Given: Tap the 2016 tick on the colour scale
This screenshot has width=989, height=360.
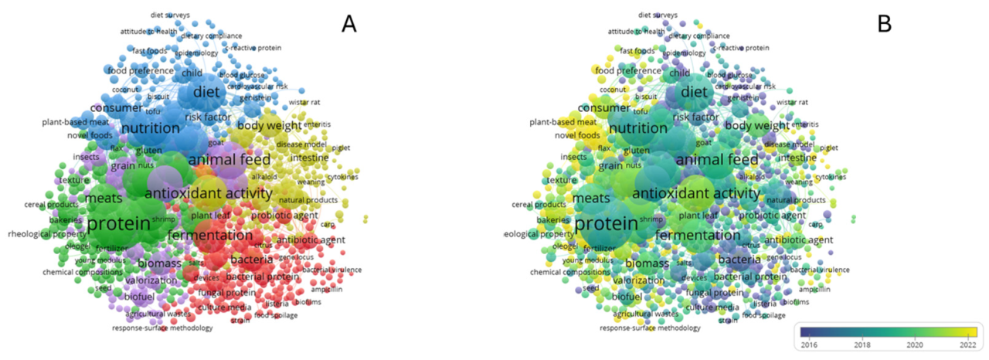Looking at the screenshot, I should click(811, 343).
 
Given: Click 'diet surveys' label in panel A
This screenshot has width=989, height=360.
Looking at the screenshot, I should click(170, 15).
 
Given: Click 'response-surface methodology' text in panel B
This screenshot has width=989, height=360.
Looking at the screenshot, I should click(650, 328).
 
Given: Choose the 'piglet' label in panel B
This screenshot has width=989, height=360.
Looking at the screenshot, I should click(828, 148).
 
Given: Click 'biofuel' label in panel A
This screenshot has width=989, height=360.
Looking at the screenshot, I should click(139, 297).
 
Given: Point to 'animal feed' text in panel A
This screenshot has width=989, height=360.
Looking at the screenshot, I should click(229, 160).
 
